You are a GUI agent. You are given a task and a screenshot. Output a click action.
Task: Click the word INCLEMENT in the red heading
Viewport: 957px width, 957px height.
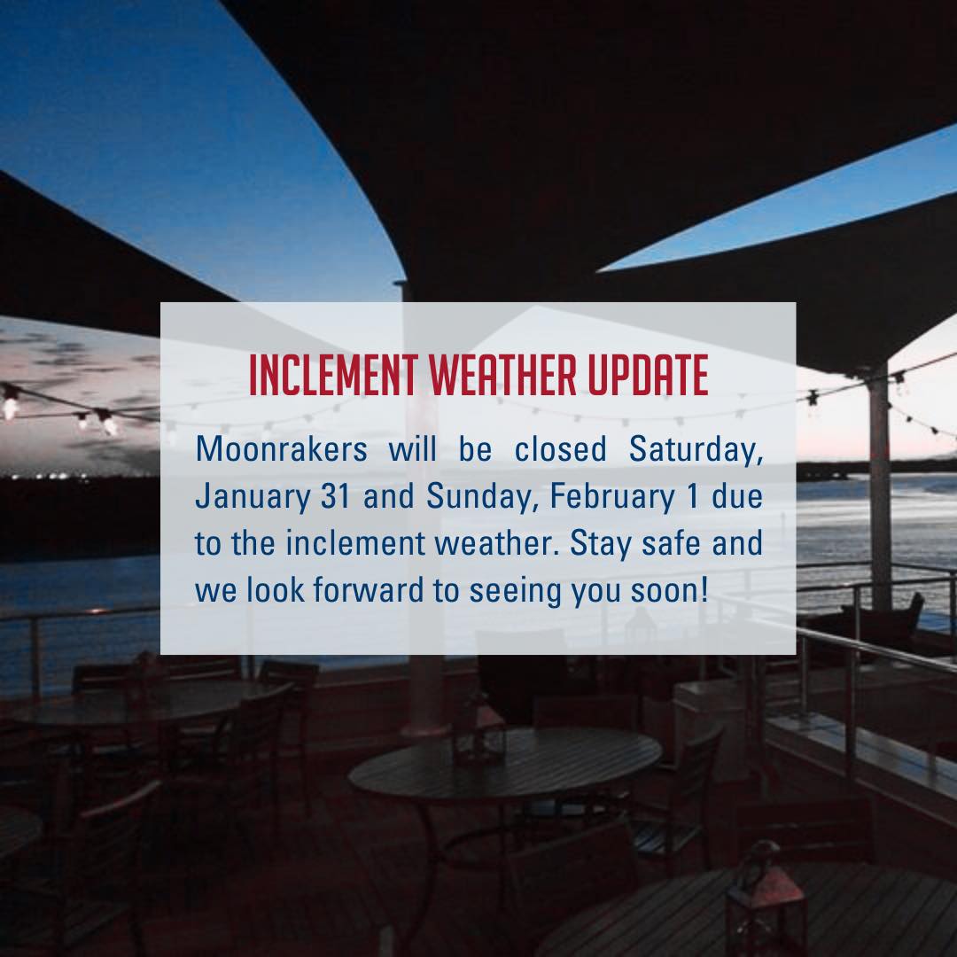pos(334,377)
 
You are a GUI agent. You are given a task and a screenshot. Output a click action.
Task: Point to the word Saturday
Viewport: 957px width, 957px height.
pos(696,449)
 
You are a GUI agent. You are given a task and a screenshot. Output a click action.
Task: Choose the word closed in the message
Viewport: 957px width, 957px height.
pos(560,449)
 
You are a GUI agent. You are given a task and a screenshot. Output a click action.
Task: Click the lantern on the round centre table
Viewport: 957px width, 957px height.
pos(478,730)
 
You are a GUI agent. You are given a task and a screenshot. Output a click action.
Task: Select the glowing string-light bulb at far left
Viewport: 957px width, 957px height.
pos(12,403)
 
